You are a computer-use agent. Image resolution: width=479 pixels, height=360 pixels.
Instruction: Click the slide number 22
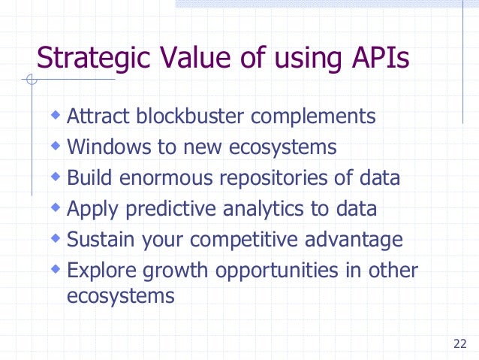(460, 345)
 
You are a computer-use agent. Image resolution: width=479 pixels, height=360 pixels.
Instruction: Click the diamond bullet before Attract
(55, 116)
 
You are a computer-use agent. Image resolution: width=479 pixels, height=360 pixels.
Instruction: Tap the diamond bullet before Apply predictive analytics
(55, 208)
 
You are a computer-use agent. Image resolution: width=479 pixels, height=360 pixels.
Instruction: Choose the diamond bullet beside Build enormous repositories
(55, 177)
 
